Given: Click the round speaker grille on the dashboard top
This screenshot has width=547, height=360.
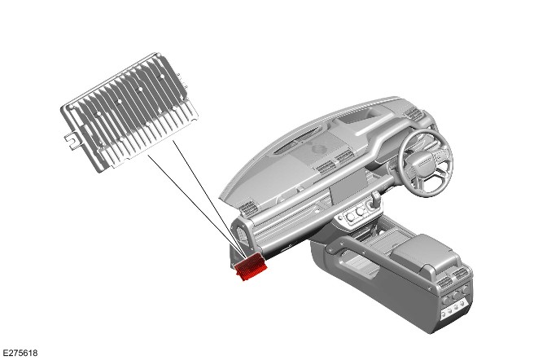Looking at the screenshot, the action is pos(318,149).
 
